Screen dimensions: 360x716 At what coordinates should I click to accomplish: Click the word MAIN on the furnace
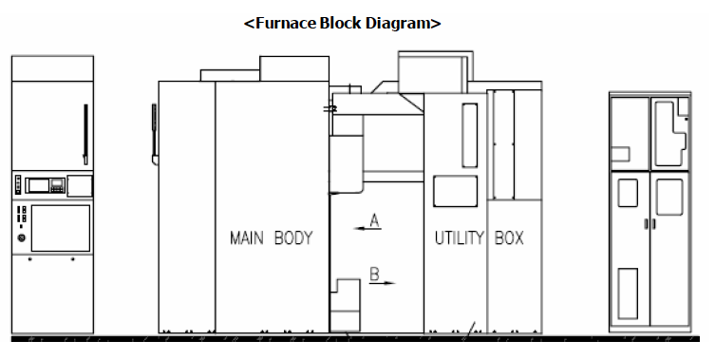click(247, 237)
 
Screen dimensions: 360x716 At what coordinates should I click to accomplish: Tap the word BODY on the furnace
click(293, 237)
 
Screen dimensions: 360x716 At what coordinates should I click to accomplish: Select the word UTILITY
click(460, 237)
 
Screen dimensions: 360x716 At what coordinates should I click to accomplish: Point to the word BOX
click(509, 237)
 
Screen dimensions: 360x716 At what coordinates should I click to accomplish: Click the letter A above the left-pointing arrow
click(374, 219)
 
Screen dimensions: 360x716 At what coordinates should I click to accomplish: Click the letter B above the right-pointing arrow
click(374, 274)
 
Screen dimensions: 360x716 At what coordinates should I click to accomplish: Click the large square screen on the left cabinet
click(60, 228)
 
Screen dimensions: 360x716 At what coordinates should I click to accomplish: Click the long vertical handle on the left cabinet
click(85, 134)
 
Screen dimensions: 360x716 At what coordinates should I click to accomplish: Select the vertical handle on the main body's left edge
click(153, 128)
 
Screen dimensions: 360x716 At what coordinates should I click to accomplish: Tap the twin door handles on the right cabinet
click(649, 224)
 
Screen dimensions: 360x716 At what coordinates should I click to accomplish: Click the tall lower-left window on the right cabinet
click(628, 293)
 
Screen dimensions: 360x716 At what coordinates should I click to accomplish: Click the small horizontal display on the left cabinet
click(41, 185)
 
